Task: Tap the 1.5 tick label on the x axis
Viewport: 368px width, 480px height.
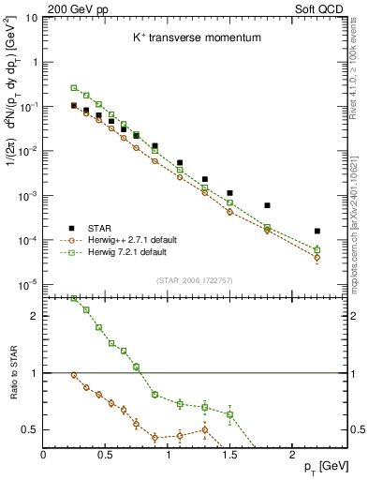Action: click(230, 455)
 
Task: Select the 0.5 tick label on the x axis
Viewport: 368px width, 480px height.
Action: click(106, 455)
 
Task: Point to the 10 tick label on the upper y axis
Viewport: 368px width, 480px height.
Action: click(29, 18)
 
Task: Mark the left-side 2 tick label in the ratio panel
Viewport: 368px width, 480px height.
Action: click(35, 316)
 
